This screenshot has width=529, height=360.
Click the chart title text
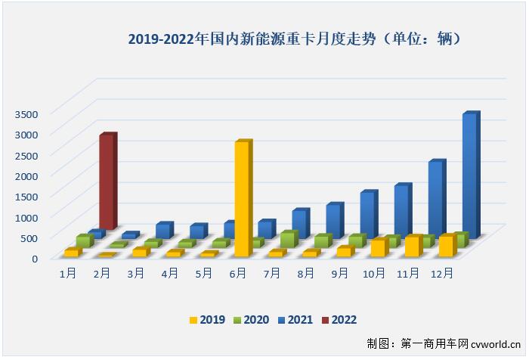pos(294,37)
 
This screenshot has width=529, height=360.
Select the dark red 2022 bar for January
pos(107,182)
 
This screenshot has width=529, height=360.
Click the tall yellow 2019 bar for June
pos(242,199)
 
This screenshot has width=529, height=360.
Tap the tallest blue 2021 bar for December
pos(469,174)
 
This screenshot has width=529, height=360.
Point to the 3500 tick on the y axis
pos(24,113)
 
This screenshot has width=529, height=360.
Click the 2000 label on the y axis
pos(24,175)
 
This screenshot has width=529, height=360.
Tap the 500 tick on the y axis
pos(27,237)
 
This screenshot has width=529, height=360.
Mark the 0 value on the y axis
pos(34,258)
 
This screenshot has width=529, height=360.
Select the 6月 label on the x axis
pos(238,273)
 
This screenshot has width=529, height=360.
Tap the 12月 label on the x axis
pos(442,273)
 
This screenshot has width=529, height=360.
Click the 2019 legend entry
pos(205,320)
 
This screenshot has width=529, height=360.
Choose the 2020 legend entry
pos(254,320)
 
